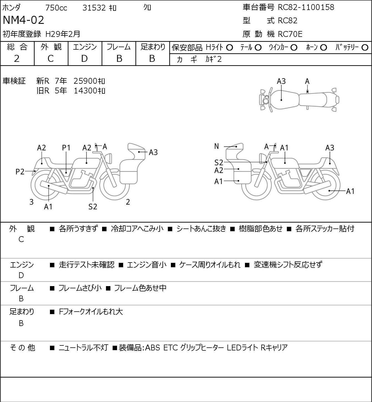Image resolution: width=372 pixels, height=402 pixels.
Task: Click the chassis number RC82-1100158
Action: point(306,7)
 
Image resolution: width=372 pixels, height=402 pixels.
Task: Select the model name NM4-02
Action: point(23,20)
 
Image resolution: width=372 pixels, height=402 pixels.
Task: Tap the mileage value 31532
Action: point(94,8)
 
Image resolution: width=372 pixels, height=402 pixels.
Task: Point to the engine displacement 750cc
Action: point(56,8)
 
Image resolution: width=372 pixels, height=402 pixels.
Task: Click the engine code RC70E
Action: point(290,34)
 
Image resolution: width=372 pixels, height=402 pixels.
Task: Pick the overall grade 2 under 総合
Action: point(17,59)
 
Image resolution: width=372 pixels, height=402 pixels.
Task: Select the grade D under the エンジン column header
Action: point(84,59)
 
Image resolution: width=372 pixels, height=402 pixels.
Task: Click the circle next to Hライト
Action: point(229,48)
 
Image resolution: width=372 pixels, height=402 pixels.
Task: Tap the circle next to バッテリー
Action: point(365,48)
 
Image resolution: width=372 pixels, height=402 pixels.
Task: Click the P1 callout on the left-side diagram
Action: point(66,148)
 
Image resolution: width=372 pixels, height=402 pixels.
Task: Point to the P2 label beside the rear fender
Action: point(20,172)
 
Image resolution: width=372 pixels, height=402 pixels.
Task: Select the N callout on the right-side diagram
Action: point(216,146)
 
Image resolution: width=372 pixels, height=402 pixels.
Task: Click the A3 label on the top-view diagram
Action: point(281,82)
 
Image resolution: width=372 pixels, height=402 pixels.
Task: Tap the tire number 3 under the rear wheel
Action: point(31,202)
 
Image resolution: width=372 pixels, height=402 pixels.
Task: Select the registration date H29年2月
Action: point(63,34)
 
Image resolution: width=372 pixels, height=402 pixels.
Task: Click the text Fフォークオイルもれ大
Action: point(91,312)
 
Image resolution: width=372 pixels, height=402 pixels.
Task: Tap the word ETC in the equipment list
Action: point(171,348)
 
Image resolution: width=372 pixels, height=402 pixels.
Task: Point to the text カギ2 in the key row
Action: point(213,59)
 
